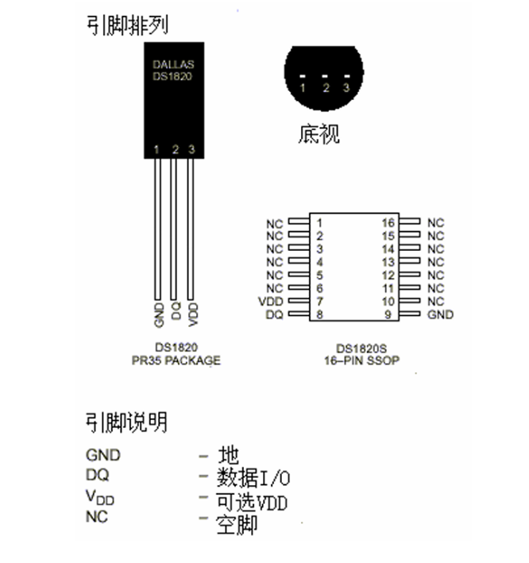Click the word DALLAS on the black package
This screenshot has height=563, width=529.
172,63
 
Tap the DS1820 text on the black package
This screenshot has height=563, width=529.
172,76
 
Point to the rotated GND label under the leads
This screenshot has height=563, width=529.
159,314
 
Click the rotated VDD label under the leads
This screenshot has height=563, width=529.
192,314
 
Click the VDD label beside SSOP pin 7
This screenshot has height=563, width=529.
270,302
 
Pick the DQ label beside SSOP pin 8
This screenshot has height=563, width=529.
274,315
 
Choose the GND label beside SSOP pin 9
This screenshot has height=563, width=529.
440,314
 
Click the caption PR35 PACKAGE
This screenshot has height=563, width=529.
176,360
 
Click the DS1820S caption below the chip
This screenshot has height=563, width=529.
362,348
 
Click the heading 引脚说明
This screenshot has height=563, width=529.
126,422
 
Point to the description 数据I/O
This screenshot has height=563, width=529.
253,477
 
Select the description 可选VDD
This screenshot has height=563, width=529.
252,501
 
